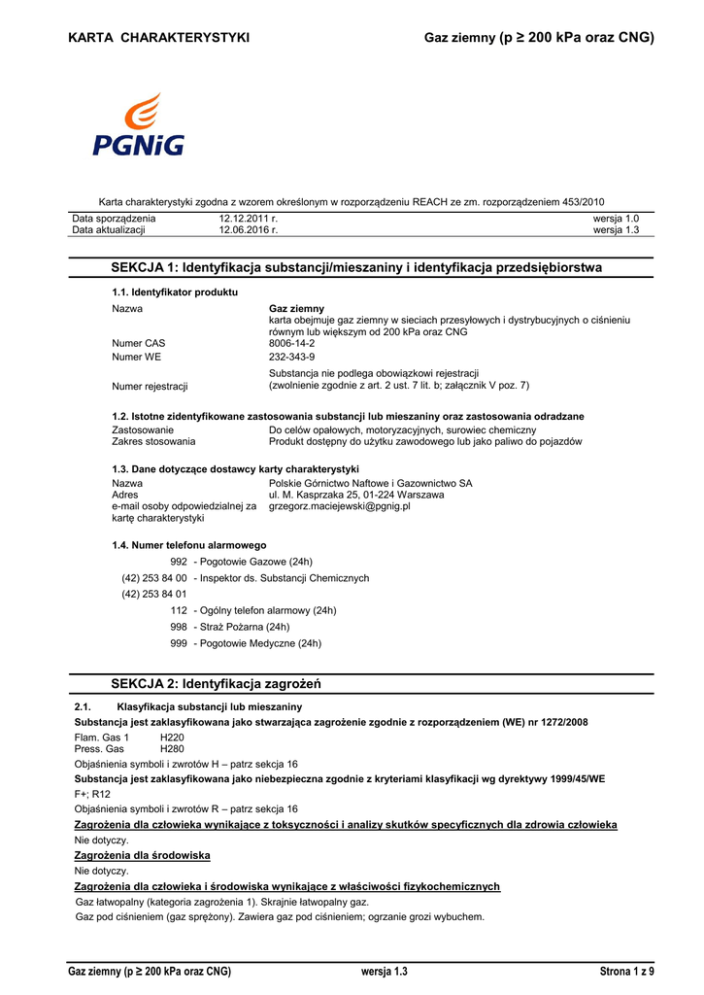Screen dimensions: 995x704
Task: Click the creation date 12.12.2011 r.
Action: (249, 219)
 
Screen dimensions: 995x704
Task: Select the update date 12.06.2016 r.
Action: (249, 230)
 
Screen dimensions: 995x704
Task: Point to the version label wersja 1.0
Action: (616, 219)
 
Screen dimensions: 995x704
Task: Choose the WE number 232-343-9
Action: (291, 357)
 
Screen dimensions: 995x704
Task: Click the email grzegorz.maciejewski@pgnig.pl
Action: (339, 506)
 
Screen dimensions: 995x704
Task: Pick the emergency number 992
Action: (179, 562)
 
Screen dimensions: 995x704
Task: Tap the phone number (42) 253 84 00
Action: (153, 578)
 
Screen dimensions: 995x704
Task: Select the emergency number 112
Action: (179, 610)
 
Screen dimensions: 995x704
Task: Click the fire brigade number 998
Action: (179, 627)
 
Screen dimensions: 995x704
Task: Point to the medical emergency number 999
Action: (179, 643)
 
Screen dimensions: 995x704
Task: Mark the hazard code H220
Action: (172, 738)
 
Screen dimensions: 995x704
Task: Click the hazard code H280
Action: (172, 749)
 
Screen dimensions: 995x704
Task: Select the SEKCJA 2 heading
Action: (216, 684)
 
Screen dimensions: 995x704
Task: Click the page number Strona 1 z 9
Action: (627, 972)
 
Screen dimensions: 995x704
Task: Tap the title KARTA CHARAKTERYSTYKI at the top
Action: (159, 38)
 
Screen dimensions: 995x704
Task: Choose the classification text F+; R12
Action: (93, 794)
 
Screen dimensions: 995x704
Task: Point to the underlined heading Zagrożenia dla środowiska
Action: (143, 855)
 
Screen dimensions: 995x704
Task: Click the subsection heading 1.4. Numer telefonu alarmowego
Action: (189, 545)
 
